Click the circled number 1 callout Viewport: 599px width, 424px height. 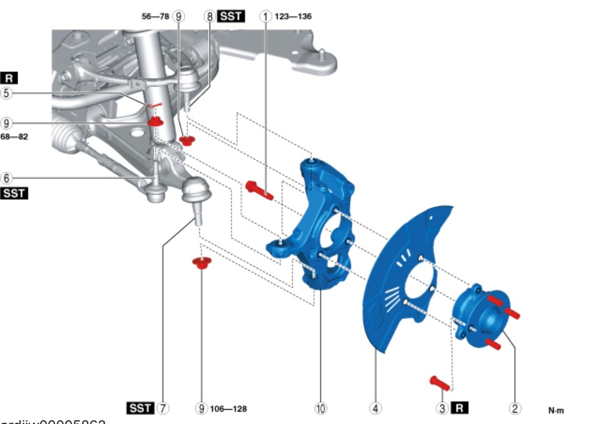tap(266, 16)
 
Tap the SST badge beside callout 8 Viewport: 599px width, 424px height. tap(231, 16)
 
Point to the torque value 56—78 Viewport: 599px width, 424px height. tap(156, 16)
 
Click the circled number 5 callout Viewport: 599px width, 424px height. tap(6, 93)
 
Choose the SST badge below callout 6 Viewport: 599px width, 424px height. tap(14, 194)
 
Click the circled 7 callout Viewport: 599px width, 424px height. tap(163, 408)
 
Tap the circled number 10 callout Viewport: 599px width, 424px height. tap(320, 408)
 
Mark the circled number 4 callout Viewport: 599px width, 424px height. tap(375, 408)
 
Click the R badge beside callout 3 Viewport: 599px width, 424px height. tap(459, 408)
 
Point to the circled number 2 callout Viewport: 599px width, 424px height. tap(515, 408)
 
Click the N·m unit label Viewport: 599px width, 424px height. tap(556, 411)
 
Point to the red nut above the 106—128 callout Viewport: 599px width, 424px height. tap(200, 262)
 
